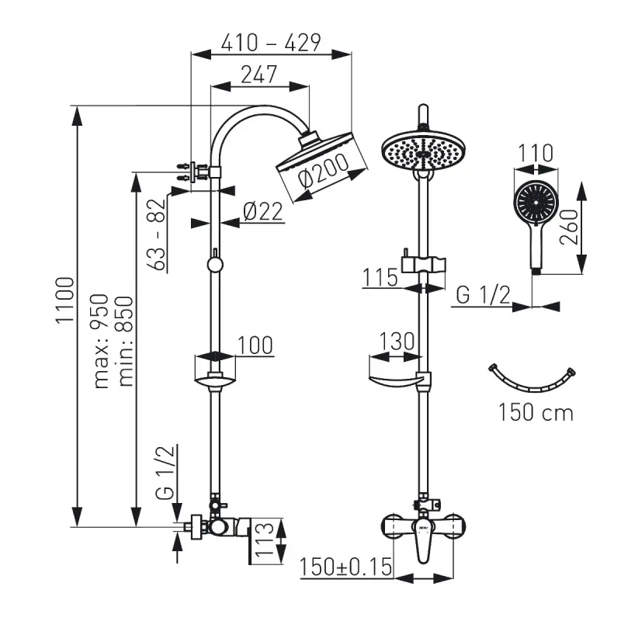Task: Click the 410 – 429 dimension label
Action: (x=271, y=43)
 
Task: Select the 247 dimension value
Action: (x=259, y=75)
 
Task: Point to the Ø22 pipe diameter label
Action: (x=263, y=211)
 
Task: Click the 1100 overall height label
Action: (x=65, y=300)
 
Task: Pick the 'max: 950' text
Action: (x=101, y=341)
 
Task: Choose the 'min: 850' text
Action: (x=126, y=341)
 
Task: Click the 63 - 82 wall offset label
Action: (x=158, y=234)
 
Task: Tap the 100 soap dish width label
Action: (x=255, y=345)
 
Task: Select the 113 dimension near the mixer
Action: (x=263, y=538)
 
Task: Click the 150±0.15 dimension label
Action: (x=345, y=567)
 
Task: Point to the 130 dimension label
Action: (x=397, y=342)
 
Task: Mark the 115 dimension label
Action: (x=380, y=277)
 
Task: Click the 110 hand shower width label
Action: (x=536, y=153)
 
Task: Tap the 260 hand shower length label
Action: (x=569, y=227)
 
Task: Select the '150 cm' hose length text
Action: (x=536, y=412)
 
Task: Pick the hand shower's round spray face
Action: (x=536, y=202)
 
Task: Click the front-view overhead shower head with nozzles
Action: (x=423, y=151)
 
